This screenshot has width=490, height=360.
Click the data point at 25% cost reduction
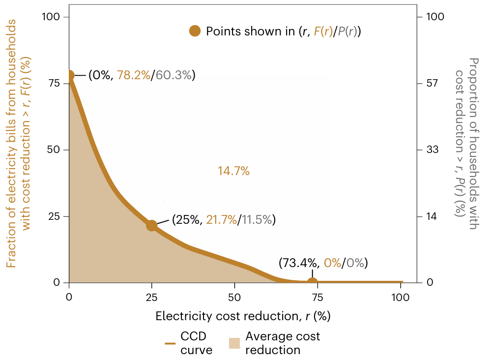[x=151, y=225]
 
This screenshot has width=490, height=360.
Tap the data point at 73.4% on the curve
[x=312, y=282]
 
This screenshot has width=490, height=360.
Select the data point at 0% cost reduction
[x=69, y=75]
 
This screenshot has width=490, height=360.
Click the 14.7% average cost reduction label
[x=233, y=171]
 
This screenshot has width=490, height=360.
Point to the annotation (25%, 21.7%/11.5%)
[x=224, y=220]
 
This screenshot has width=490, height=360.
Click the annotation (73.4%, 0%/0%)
[x=323, y=263]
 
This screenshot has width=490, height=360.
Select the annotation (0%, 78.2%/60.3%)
[x=142, y=75]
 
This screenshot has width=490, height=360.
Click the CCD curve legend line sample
[x=170, y=343]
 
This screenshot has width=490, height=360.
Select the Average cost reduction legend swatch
[x=234, y=343]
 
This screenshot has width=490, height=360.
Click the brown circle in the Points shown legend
[x=195, y=31]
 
